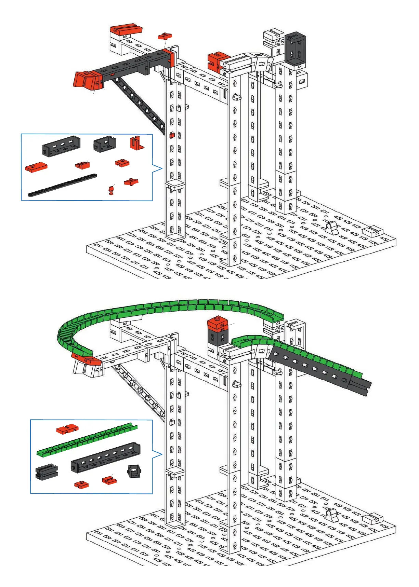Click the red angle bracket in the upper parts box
coord(137,143)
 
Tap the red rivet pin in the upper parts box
coord(111,190)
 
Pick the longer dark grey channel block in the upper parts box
coord(61,146)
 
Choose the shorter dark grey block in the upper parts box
coord(104,144)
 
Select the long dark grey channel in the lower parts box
coord(105,457)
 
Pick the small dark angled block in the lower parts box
coord(134,471)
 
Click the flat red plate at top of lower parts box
coord(67,428)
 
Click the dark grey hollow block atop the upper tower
coord(295,49)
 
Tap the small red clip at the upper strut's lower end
coord(172,135)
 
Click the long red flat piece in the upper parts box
coord(36,167)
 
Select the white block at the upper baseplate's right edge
coord(372,232)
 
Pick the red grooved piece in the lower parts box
coord(109,480)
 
